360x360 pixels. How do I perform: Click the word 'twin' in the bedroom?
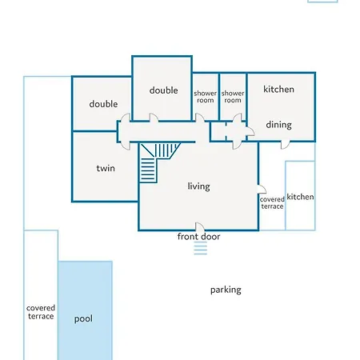pos(106,168)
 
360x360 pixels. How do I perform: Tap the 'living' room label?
pos(198,186)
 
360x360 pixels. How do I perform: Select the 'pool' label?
pos(83,318)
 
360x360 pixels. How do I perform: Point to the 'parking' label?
pos(226,290)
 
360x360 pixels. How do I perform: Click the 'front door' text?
pos(198,236)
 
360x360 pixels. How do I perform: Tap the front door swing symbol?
pos(200,226)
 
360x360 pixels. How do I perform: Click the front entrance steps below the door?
pos(201,248)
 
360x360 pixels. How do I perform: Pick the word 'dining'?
pos(278,125)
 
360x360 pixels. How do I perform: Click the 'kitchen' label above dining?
pos(278,89)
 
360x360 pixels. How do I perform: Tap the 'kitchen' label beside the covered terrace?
pos(300,197)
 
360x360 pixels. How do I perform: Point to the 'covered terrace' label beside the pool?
pos(41,312)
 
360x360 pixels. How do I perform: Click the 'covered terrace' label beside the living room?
pos(272,203)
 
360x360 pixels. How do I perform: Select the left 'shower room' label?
pos(206,97)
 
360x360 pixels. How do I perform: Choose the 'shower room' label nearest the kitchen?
pos(233,97)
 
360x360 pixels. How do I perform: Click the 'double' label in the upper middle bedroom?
pos(163,90)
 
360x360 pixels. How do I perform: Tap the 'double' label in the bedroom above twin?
pos(103,104)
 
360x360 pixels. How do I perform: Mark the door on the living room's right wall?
pos(262,189)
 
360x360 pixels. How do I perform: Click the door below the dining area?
pos(286,144)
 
